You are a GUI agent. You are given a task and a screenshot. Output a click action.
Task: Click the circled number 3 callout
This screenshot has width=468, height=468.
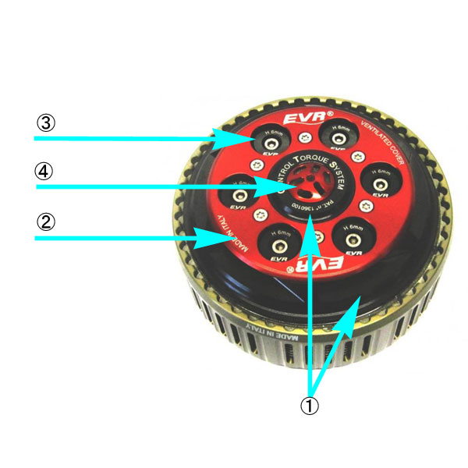[47, 123]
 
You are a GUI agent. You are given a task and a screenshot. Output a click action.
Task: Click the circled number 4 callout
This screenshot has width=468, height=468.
[47, 169]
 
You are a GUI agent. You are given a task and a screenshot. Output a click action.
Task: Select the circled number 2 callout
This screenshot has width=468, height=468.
[47, 221]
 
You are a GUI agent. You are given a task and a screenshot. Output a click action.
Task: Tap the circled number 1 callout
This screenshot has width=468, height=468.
[310, 407]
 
